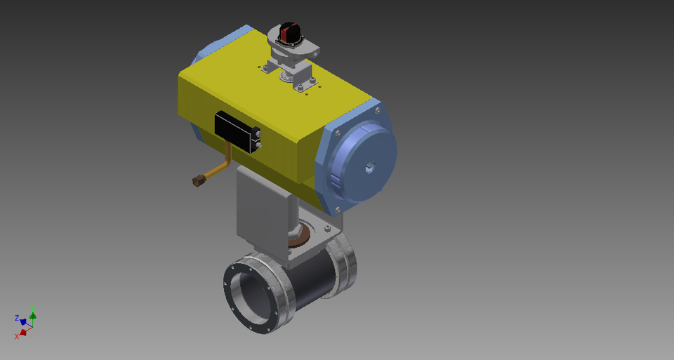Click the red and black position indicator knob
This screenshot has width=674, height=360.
pos(289,32)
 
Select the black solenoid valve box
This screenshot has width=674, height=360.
pos(236,131)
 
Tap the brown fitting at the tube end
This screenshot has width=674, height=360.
pos(197,181)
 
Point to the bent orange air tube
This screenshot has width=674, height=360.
pos(224,162)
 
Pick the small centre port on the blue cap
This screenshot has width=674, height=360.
pos(369,167)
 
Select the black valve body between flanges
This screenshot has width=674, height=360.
pos(312,277)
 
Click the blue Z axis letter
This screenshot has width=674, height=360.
pos(17,318)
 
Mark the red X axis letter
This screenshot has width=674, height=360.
pos(16,337)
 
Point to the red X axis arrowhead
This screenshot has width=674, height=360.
pos(22,331)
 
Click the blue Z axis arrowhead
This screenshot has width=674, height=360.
pos(23,322)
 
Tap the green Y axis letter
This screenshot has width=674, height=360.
pos(33,309)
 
